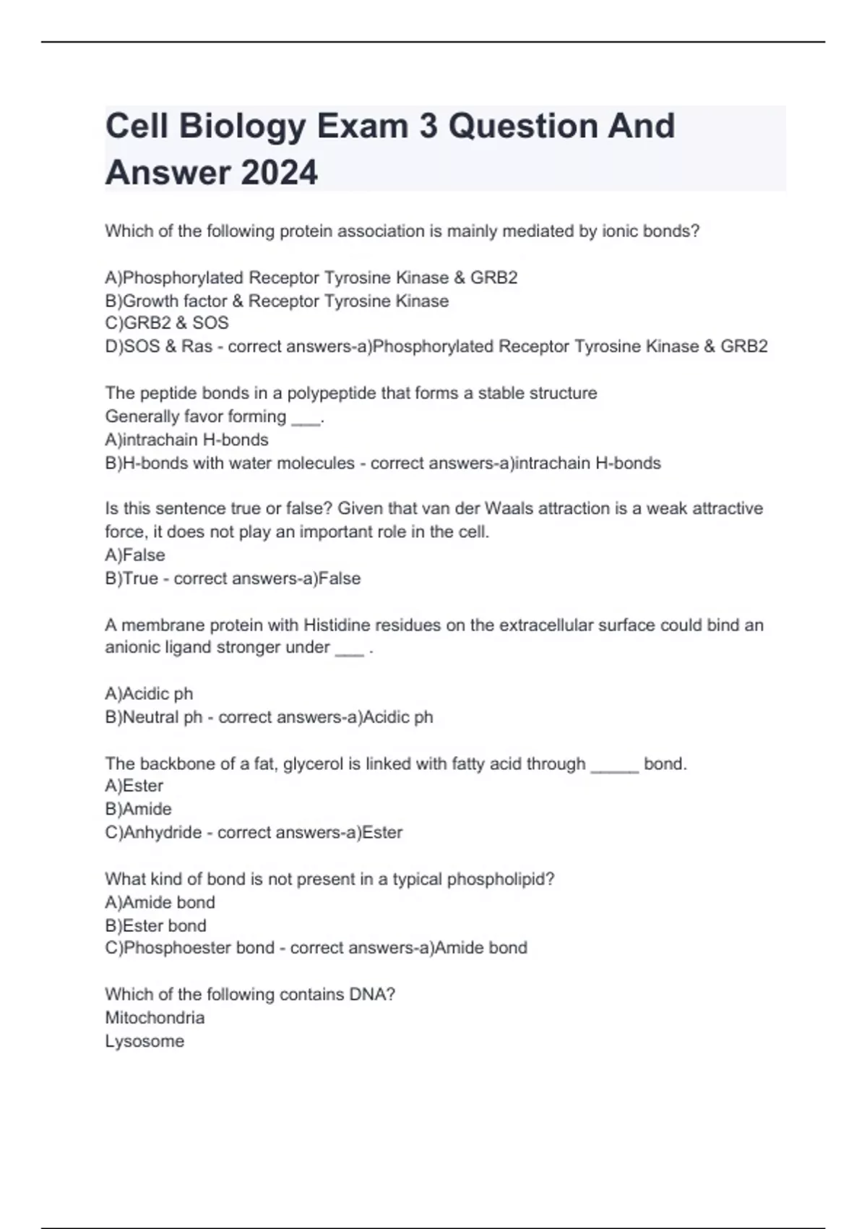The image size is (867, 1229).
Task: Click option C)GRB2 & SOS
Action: tap(167, 323)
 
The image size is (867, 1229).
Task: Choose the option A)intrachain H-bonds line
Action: tap(186, 440)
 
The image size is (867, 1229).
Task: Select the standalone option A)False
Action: tap(135, 555)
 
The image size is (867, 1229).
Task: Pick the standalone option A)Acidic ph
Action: tap(149, 694)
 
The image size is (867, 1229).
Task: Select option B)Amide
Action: tap(138, 809)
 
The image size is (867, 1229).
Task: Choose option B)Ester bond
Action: tap(155, 925)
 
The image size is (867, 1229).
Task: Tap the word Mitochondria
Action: tap(155, 1018)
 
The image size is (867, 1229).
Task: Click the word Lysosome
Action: tap(144, 1041)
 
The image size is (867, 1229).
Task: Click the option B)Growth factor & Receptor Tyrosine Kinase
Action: tap(277, 301)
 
